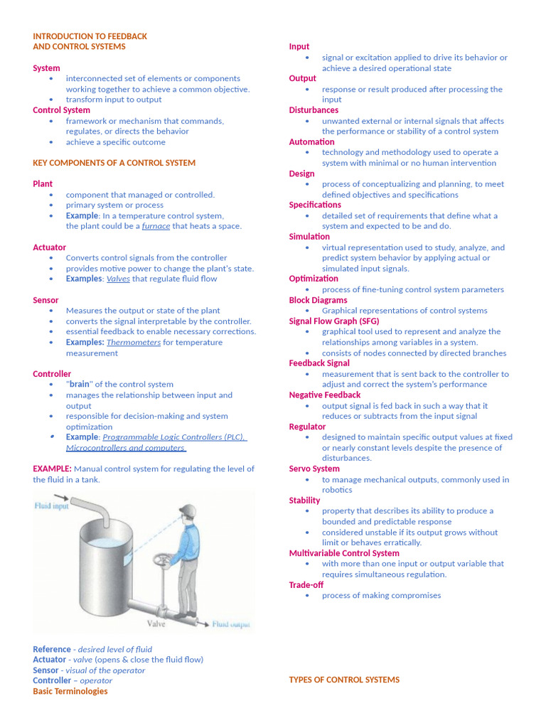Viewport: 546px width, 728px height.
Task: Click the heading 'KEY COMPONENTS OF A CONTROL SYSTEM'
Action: [114, 163]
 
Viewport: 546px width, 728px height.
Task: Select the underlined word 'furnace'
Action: [156, 226]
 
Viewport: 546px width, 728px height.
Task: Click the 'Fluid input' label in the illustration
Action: [53, 506]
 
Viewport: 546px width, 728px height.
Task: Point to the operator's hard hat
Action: [188, 509]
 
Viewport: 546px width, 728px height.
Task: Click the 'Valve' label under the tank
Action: [156, 623]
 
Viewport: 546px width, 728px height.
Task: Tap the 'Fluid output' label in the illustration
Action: [232, 624]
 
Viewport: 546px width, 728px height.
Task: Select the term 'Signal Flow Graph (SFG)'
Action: [334, 321]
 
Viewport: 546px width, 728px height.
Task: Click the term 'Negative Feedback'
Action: [325, 395]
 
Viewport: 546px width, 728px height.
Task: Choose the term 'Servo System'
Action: [314, 469]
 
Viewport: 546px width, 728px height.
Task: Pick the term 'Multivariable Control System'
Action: [344, 553]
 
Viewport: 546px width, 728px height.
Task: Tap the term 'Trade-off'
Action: [306, 585]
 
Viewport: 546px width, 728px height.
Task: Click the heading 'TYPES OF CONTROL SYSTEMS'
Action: [344, 680]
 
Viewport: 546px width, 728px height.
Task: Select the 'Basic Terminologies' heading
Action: [70, 691]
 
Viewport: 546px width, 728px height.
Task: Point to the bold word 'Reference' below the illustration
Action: [52, 649]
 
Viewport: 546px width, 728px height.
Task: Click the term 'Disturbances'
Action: [314, 110]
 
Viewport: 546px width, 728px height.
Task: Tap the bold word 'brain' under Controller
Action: [80, 385]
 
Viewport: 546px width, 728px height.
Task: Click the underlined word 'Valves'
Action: [118, 279]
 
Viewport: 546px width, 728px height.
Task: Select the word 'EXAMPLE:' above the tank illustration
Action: [52, 469]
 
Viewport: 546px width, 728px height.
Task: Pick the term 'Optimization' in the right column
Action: [314, 279]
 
